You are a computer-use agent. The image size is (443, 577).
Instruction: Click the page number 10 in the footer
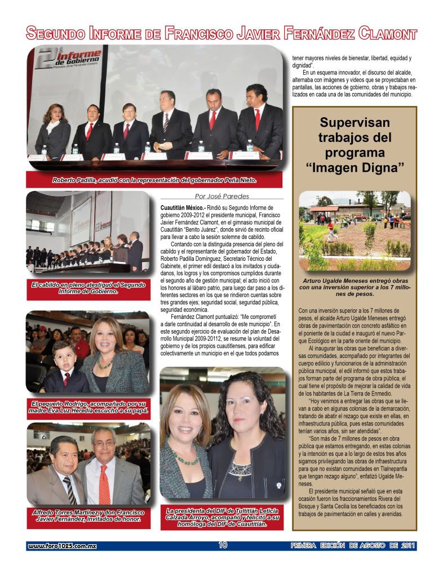coord(223,545)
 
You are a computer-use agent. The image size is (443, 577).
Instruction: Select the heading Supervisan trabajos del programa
coord(355,137)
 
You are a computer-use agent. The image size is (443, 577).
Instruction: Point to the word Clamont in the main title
coord(385,33)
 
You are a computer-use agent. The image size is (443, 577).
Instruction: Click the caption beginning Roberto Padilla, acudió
coord(154,180)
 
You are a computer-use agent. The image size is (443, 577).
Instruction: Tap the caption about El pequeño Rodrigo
coord(88,407)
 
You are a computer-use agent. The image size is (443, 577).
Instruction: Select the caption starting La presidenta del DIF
coord(222,517)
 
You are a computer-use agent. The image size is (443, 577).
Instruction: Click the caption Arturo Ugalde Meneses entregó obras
coord(354,287)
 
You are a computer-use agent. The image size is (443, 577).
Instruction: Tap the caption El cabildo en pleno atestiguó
coord(88,288)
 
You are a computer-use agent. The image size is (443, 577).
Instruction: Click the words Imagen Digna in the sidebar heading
coord(355,168)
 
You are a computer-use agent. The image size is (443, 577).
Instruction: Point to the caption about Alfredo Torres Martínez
coord(88,516)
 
